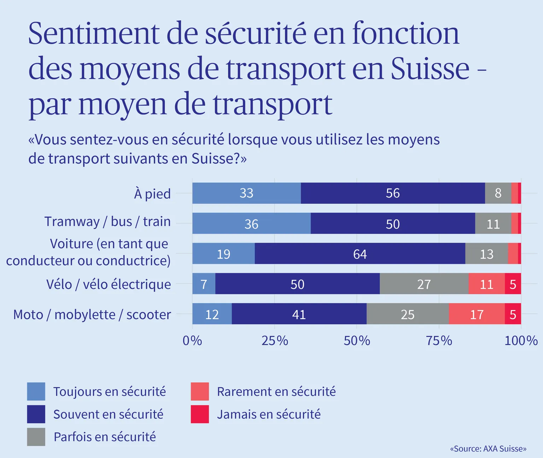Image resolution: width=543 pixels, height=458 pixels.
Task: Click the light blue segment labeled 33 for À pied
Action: coord(246,193)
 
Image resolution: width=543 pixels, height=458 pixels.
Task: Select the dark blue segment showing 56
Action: coord(393,193)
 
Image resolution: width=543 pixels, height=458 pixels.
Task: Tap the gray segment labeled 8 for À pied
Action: coord(498,193)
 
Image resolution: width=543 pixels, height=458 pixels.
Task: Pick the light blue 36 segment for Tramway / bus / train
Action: coord(251,223)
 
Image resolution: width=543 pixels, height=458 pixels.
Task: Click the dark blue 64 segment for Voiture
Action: coord(360,253)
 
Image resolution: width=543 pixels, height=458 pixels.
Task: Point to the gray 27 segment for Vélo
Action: coord(424,283)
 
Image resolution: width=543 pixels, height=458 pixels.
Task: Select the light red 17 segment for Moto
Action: coord(477,314)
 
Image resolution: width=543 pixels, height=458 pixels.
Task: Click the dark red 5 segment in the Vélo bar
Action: coord(513,283)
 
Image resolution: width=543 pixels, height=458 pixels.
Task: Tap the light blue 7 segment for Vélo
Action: coord(204,283)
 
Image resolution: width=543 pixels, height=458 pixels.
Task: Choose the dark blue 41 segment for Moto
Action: coord(299,314)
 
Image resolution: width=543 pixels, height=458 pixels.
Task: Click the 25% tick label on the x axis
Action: coord(275,341)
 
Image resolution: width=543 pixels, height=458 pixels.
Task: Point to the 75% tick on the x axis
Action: coord(439,341)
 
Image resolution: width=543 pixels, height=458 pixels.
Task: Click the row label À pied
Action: coord(152,194)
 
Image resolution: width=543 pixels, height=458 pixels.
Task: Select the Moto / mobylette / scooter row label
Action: coord(92,315)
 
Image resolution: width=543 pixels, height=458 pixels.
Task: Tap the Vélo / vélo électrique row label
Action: coord(109,284)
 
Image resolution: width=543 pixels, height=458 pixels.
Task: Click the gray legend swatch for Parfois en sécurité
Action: coord(36,437)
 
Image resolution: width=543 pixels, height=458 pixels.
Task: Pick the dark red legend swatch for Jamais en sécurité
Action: coord(200,414)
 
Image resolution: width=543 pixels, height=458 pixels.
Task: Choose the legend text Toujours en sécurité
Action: coord(110,392)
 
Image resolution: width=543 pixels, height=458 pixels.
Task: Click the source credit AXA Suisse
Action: coord(489,449)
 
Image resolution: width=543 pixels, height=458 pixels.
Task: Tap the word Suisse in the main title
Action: coord(430,68)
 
